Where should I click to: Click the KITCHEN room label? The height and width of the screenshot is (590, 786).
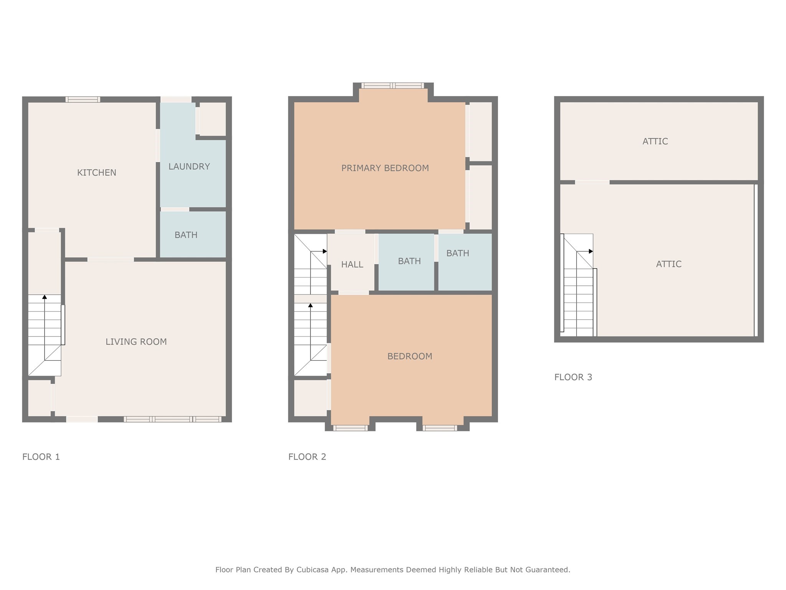coord(96,173)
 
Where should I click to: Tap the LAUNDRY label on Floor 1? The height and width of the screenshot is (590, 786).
coord(189,167)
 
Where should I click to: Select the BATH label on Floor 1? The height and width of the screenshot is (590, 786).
coord(186,235)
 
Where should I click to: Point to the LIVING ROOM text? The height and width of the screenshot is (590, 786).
coord(136,342)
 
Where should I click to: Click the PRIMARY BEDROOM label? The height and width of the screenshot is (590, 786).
coord(385,168)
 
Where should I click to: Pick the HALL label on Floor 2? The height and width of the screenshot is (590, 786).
coord(352,265)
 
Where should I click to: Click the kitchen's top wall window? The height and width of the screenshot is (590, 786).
coord(83,99)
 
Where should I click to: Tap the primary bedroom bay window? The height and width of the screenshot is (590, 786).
coord(393,86)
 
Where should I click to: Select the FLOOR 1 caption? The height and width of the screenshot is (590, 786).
coord(41,457)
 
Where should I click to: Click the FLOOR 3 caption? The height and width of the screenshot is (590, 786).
coord(573,377)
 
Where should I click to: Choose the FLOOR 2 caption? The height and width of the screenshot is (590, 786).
coord(307,457)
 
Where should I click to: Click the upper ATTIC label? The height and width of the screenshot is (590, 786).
coord(655,141)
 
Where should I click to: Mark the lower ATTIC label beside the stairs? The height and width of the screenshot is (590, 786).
coord(669,264)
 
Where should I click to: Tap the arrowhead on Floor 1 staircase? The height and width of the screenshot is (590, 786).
coord(45,297)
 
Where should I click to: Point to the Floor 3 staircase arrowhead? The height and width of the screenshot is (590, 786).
coord(591,252)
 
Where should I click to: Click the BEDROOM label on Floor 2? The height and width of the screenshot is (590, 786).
coord(410,356)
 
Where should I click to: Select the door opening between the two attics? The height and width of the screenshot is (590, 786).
coord(592,182)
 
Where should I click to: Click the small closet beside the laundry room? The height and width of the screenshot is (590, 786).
coord(213,118)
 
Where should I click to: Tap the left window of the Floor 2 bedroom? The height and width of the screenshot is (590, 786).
coord(350,428)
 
